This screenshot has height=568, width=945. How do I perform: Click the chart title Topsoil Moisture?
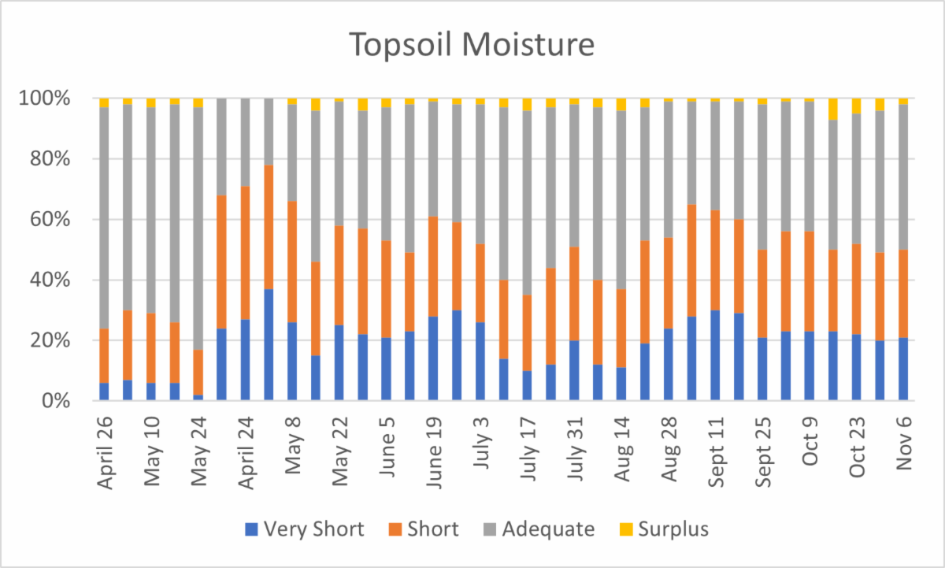pos(472,45)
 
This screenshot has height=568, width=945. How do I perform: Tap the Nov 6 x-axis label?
pos(904,441)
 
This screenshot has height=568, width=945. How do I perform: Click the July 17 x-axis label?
pos(528,445)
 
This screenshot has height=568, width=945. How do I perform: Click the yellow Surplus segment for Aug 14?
pos(621,105)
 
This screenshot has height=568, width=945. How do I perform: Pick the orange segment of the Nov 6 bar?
pos(904,294)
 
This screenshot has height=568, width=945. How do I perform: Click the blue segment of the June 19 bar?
pos(433,359)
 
